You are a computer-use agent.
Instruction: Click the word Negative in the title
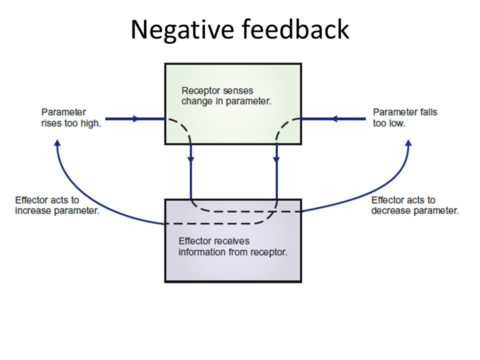(x=183, y=30)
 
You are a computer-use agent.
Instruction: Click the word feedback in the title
(x=295, y=29)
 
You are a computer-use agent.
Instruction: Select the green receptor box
(x=233, y=104)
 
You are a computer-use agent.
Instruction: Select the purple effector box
(x=233, y=240)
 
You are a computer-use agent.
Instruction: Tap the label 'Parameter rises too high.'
(x=71, y=117)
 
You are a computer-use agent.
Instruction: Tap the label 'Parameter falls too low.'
(x=405, y=117)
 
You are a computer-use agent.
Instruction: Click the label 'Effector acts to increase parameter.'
(x=57, y=205)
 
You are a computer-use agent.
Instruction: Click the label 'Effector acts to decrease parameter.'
(x=415, y=205)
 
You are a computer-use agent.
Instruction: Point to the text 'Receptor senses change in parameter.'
(x=226, y=96)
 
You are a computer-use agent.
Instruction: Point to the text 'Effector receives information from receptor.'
(x=233, y=246)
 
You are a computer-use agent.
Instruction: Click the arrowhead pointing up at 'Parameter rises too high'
(x=57, y=143)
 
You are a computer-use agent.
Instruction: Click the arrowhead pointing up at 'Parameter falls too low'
(x=408, y=143)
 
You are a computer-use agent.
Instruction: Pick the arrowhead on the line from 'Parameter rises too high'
(x=135, y=119)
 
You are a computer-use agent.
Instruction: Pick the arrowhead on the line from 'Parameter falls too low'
(x=334, y=119)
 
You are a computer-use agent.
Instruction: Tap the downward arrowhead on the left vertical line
(x=190, y=159)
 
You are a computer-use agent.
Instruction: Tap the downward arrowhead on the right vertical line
(x=276, y=159)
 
